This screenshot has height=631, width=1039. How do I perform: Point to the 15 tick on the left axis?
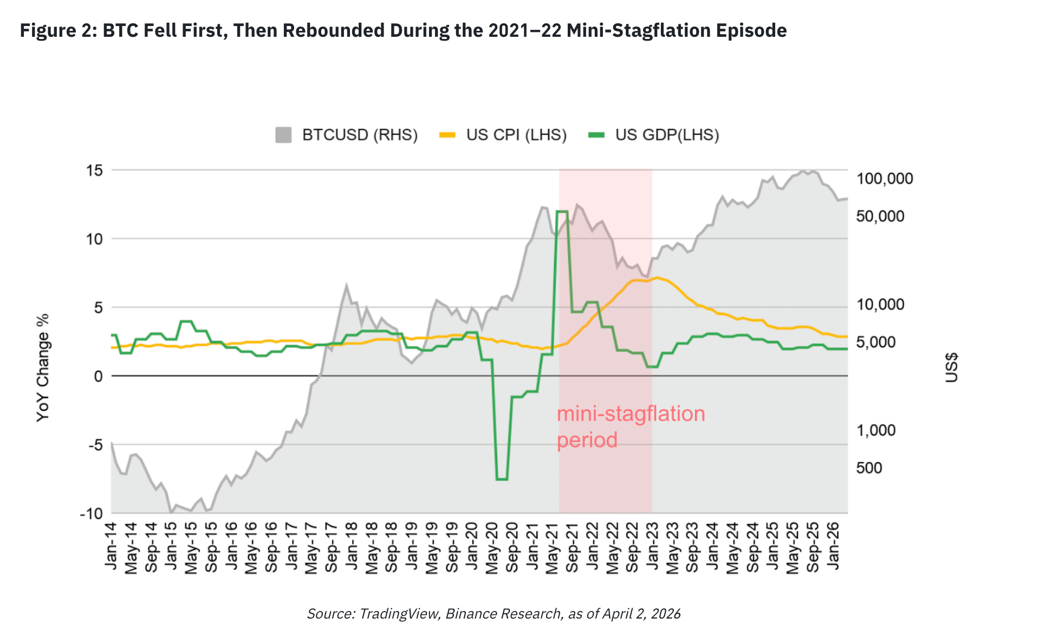coord(94,170)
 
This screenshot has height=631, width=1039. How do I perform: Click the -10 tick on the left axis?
coord(92,514)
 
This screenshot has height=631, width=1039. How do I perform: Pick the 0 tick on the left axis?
coord(98,376)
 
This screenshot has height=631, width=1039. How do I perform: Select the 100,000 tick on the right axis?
coord(884,179)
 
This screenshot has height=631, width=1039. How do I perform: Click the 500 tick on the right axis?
coord(869,468)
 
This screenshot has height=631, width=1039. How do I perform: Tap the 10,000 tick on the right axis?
coord(880,305)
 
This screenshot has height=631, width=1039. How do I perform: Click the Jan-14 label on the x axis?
coord(111,547)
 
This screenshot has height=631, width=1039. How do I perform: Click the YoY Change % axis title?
coord(43,368)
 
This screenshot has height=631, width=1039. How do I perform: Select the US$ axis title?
coord(951,368)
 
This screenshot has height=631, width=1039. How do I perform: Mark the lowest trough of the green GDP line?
coord(502,479)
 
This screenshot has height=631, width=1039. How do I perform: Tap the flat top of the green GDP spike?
coord(562,212)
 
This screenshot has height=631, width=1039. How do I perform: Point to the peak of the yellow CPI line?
coord(657,278)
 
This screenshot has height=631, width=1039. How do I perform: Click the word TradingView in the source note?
coord(398,614)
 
